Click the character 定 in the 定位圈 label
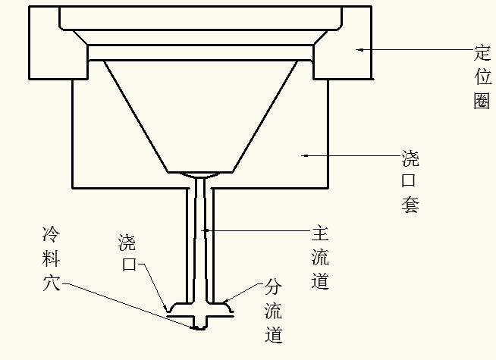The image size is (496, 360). tap(482, 54)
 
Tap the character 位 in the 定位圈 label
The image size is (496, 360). tap(482, 77)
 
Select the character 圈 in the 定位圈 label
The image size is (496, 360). tap(482, 101)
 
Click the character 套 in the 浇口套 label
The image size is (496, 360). tap(410, 205)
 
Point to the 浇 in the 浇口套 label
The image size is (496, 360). tap(410, 159)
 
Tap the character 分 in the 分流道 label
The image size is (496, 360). tap(274, 287)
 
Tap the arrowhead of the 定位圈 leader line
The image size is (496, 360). tap(361, 50)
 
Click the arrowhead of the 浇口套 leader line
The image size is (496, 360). tap(304, 156)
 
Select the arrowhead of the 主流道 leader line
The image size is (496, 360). tap(204, 229)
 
